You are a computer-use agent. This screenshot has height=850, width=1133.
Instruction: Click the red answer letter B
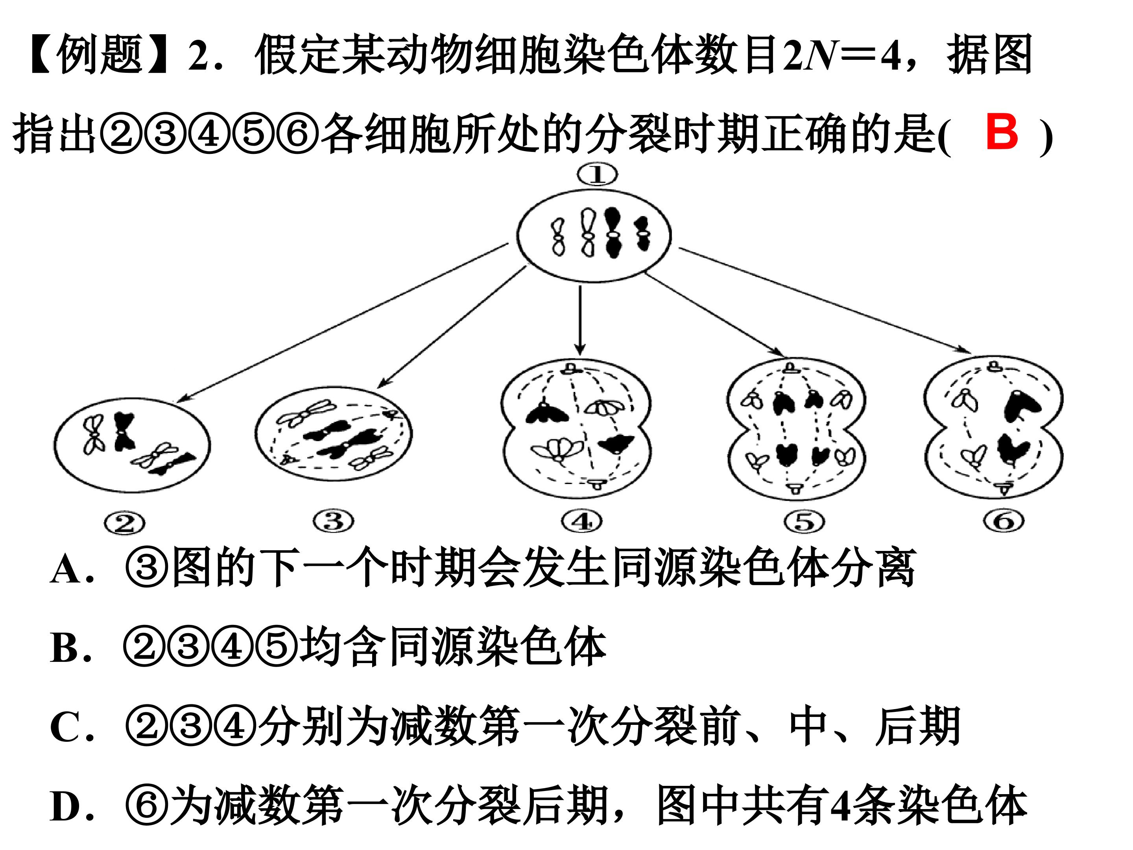coord(1002,132)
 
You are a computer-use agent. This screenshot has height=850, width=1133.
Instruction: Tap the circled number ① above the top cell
coord(597,175)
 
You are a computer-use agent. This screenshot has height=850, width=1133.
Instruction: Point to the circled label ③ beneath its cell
coord(334,521)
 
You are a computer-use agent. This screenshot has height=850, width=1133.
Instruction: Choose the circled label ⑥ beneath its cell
coord(1004,521)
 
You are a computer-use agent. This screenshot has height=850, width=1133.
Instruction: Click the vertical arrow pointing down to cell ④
coord(580,320)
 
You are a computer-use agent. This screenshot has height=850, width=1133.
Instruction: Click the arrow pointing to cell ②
coord(341,322)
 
